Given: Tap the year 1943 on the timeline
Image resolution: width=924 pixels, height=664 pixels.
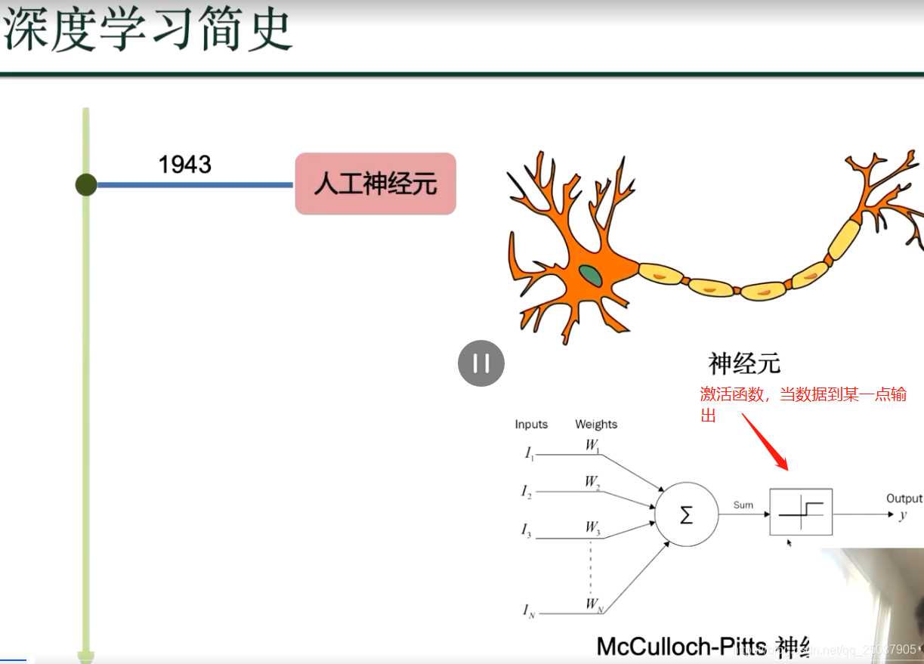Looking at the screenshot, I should click(x=184, y=164).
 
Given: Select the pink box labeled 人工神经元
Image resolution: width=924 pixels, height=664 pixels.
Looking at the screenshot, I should click(x=375, y=184).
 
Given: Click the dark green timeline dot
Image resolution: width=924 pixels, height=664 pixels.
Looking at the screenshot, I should click(x=86, y=184).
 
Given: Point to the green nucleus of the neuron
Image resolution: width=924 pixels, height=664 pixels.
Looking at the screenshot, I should click(x=591, y=276).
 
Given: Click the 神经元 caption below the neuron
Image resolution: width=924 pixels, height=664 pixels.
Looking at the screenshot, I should click(x=743, y=363).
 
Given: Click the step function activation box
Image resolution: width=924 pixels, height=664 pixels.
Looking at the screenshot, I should click(x=801, y=512).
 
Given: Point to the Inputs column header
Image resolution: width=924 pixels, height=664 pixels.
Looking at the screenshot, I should click(x=531, y=425).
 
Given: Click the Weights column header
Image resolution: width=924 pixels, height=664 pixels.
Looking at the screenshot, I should click(x=596, y=425).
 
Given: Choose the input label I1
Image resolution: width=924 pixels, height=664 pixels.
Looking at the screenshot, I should click(x=529, y=453).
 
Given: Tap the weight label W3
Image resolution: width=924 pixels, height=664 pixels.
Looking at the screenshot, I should click(x=592, y=527).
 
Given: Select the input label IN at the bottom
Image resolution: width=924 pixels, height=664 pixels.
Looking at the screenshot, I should click(x=529, y=610).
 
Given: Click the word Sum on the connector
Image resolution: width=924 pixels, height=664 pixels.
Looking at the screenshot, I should click(x=743, y=505).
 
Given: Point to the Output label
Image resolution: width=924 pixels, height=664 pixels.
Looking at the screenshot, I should click(x=904, y=499).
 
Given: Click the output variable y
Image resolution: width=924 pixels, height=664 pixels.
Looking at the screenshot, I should click(x=903, y=515).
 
